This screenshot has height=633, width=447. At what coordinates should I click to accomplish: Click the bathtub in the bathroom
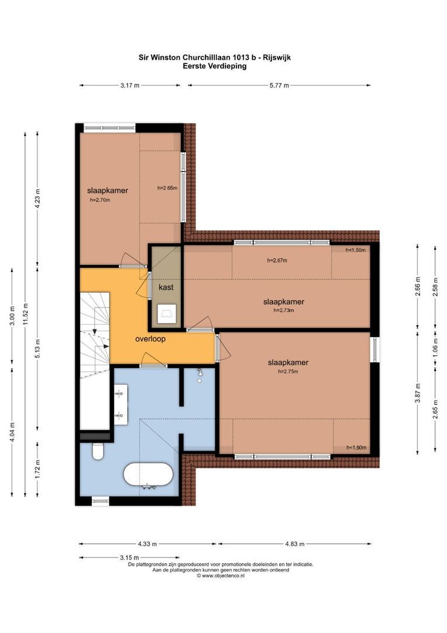[x=148, y=474]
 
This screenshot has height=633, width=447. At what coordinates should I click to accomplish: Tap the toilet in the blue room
[x=98, y=451]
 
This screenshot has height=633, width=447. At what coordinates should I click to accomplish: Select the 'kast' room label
[x=166, y=287]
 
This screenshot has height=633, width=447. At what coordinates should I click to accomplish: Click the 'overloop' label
[x=150, y=339]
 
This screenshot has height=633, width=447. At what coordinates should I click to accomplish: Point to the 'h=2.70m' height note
[x=100, y=200]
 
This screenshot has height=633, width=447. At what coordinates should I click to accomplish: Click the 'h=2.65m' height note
[x=167, y=188]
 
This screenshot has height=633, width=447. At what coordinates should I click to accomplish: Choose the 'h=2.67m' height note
[x=277, y=260]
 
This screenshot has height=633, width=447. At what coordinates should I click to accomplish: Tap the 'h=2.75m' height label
[x=288, y=372]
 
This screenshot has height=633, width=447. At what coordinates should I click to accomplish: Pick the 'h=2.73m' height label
[x=284, y=311]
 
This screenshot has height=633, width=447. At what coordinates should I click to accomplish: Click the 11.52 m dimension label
[x=25, y=314]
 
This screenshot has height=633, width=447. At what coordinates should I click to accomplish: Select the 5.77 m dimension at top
[x=279, y=85]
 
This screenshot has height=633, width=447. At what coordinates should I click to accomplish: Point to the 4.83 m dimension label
[x=295, y=544]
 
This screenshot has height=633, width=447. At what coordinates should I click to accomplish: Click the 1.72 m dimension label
[x=37, y=469]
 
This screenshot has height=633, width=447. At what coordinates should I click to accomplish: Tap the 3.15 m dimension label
[x=129, y=557]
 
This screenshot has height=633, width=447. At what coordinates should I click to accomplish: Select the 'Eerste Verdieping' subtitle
[x=214, y=66]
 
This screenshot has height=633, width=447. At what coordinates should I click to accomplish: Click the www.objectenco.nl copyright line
[x=221, y=576]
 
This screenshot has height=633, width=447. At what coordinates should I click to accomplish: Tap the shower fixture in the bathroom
[x=199, y=375]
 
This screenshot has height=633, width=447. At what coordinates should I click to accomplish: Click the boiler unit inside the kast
[x=167, y=313]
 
